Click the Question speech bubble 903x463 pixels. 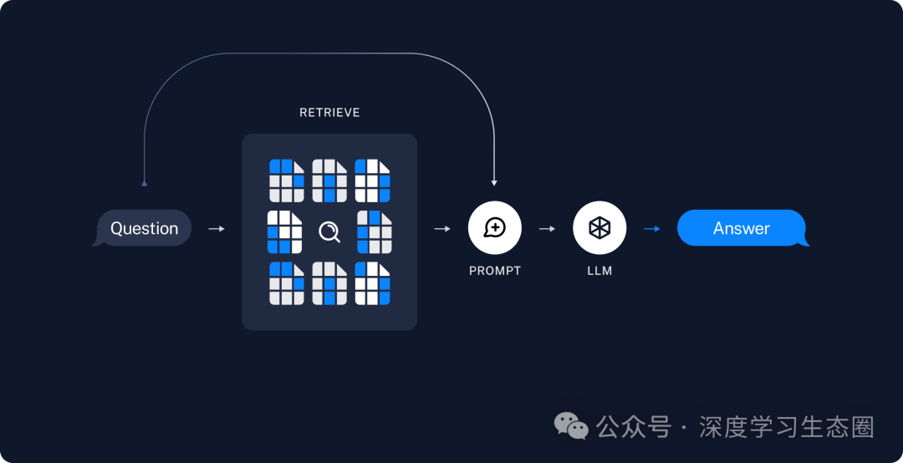(144, 228)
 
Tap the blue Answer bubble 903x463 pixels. (742, 228)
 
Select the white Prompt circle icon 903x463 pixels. (495, 227)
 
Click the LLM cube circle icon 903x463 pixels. (599, 227)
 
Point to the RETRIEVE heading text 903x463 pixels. (329, 113)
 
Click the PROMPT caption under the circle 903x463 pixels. (495, 271)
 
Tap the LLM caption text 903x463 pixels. (599, 271)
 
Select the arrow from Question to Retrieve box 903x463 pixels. (217, 228)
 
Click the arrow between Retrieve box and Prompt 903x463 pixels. (443, 228)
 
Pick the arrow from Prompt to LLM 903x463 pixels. (548, 228)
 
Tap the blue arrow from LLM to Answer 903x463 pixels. (652, 228)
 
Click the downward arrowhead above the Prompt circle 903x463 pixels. (495, 181)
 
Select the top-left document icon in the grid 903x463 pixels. (287, 180)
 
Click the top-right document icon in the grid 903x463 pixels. (372, 180)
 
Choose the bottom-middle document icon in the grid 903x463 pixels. (329, 283)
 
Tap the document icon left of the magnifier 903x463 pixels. (284, 231)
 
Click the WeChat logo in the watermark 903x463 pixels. (572, 426)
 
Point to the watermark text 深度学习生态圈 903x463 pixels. (786, 427)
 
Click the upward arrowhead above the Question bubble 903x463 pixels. (144, 182)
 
